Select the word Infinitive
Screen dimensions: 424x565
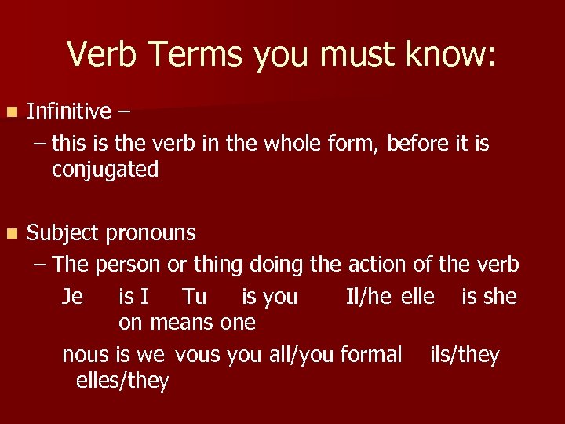[69, 111]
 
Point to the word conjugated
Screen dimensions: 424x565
[105, 170]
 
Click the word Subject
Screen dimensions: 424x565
[63, 234]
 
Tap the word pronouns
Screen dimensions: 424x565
[151, 234]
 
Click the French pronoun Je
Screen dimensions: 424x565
[73, 296]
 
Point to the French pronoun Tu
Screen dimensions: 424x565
[194, 296]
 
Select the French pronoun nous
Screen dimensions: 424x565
[86, 355]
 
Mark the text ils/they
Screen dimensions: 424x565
[465, 355]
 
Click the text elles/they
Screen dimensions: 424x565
[122, 382]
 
